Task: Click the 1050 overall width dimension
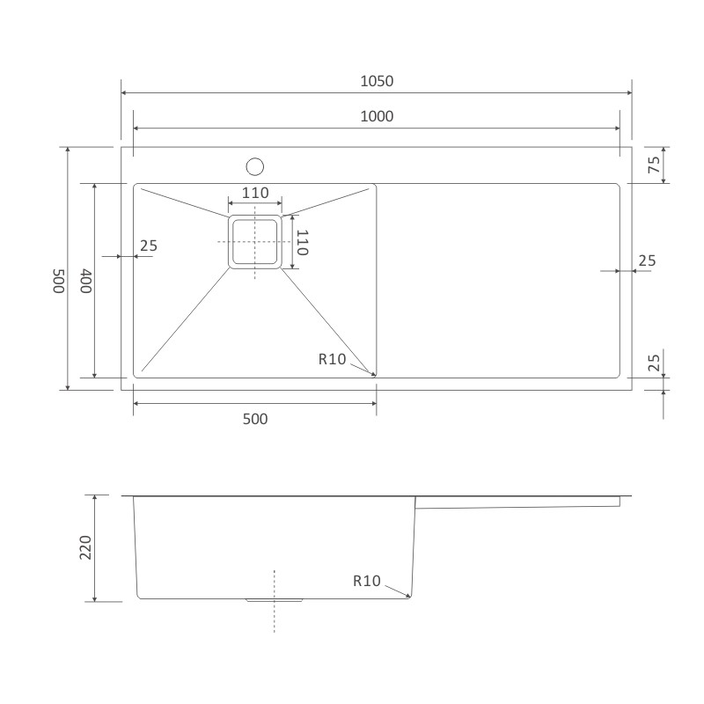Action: coord(377,81)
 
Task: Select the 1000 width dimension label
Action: coord(377,117)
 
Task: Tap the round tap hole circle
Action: coord(254,166)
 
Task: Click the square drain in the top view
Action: coord(255,241)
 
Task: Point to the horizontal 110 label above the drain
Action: coord(255,193)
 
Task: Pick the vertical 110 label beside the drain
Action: coord(303,243)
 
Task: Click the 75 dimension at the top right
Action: coord(654,165)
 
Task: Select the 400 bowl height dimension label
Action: coord(86,281)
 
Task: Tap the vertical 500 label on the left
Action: coord(59,281)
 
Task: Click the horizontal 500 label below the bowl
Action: coord(255,420)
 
